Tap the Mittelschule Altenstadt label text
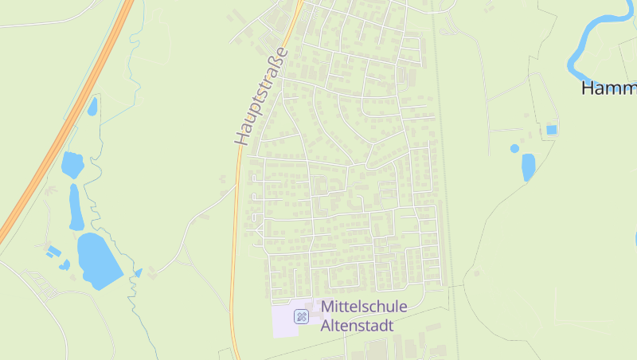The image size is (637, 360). [x=363, y=315]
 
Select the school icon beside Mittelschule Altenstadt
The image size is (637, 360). [x=302, y=316]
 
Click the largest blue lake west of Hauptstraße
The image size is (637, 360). [x=98, y=259]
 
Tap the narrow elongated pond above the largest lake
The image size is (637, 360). [x=76, y=206]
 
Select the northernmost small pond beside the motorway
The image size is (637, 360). [x=92, y=105]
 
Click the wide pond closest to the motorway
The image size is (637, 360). [x=72, y=164]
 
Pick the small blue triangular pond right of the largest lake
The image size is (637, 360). [x=139, y=272]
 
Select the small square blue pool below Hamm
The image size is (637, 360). [x=551, y=130]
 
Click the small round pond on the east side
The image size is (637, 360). [x=514, y=148]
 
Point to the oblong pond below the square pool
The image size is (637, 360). [x=528, y=166]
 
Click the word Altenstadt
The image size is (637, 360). [x=357, y=325]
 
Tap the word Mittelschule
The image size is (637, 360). [x=364, y=307]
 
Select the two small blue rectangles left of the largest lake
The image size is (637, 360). [x=54, y=252]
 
